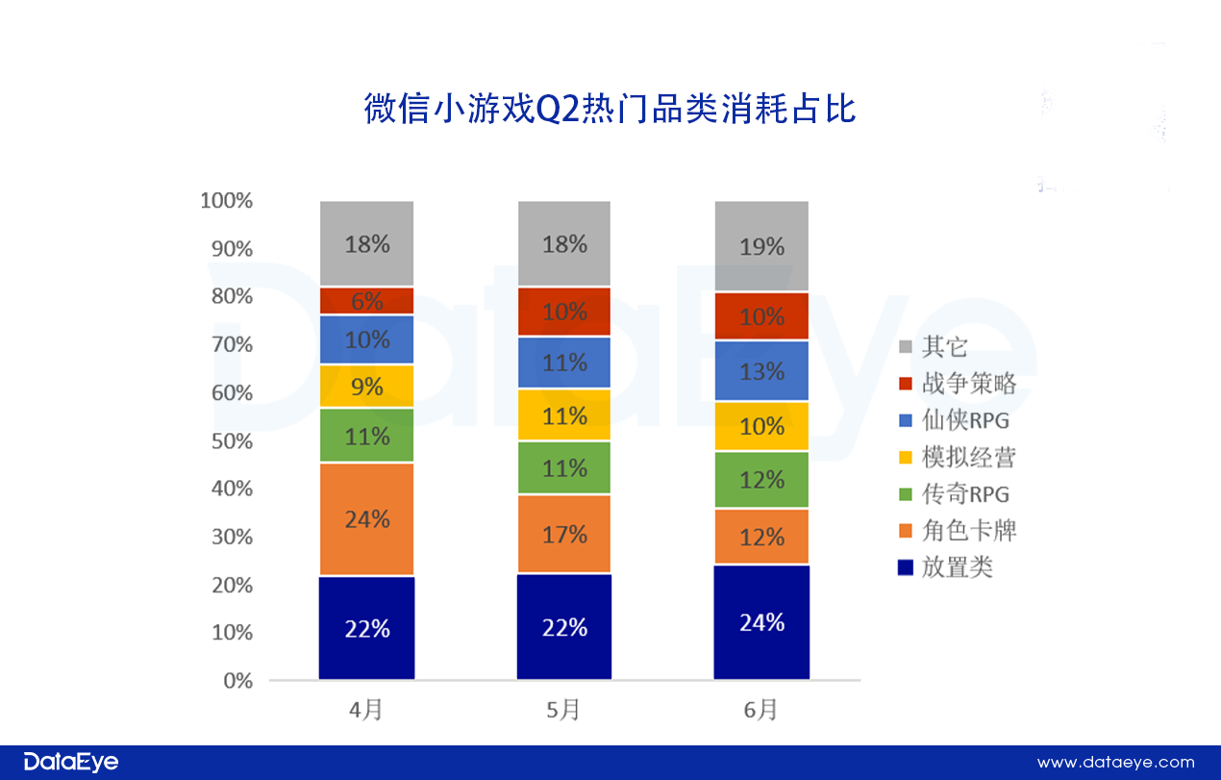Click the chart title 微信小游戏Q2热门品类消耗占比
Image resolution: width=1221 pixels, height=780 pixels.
tap(610, 109)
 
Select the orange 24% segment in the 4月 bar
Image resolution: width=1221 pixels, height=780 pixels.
tap(367, 519)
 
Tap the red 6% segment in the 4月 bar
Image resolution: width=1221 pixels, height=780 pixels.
tap(367, 301)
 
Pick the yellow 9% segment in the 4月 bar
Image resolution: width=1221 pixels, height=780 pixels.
tap(367, 387)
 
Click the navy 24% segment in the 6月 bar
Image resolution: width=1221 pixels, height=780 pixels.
tap(761, 622)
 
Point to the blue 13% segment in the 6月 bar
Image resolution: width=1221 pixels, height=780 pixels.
tap(761, 371)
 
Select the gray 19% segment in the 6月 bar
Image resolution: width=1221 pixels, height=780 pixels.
tap(761, 246)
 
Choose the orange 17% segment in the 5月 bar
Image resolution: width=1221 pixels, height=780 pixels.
tap(564, 534)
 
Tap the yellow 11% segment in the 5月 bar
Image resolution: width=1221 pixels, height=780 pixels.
tap(564, 415)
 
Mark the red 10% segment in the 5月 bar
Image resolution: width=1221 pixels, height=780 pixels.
tap(564, 312)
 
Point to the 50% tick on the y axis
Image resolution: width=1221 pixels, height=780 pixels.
tap(231, 441)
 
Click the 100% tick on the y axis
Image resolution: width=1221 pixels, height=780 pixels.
tap(227, 201)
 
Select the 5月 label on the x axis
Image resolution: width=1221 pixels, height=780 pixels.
tap(563, 711)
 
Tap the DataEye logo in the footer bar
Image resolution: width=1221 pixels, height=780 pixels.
tap(71, 762)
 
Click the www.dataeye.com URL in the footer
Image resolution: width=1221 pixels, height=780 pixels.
tap(1115, 762)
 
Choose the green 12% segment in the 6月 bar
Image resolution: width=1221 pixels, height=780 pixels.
tap(761, 479)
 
